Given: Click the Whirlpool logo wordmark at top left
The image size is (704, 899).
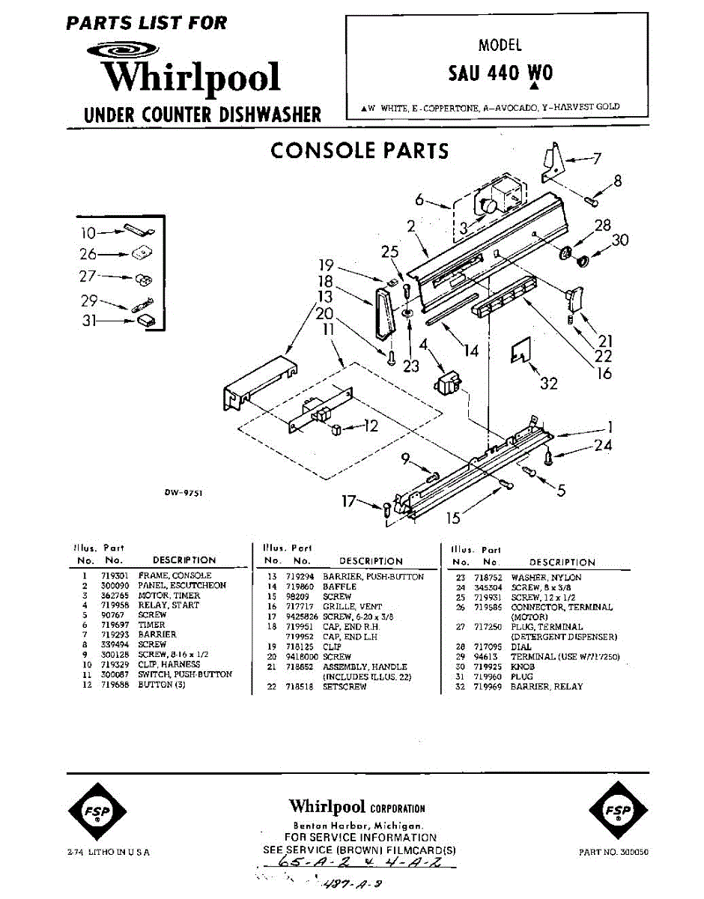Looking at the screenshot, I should point(191,77).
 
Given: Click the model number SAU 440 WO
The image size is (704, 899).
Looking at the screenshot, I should point(500,73).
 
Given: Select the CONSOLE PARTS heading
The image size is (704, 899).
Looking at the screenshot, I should point(359,151).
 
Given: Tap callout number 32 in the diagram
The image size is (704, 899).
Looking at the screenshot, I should point(549,384).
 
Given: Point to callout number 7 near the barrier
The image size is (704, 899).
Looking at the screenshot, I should point(597,158).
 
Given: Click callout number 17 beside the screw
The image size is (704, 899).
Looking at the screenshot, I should point(348,502).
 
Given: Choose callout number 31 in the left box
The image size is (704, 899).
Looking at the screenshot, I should point(89,323).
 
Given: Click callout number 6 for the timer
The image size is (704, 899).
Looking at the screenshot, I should point(419,199).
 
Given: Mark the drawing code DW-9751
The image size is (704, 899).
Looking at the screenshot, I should point(183,492).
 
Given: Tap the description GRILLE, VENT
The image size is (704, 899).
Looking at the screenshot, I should point(352,606).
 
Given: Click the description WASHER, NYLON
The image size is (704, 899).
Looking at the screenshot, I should point(546,578).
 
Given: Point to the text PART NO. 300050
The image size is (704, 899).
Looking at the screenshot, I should point(614,852).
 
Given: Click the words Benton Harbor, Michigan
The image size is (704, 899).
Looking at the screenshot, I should point(356,824).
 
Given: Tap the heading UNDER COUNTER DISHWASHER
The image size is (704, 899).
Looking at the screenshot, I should point(202,115).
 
